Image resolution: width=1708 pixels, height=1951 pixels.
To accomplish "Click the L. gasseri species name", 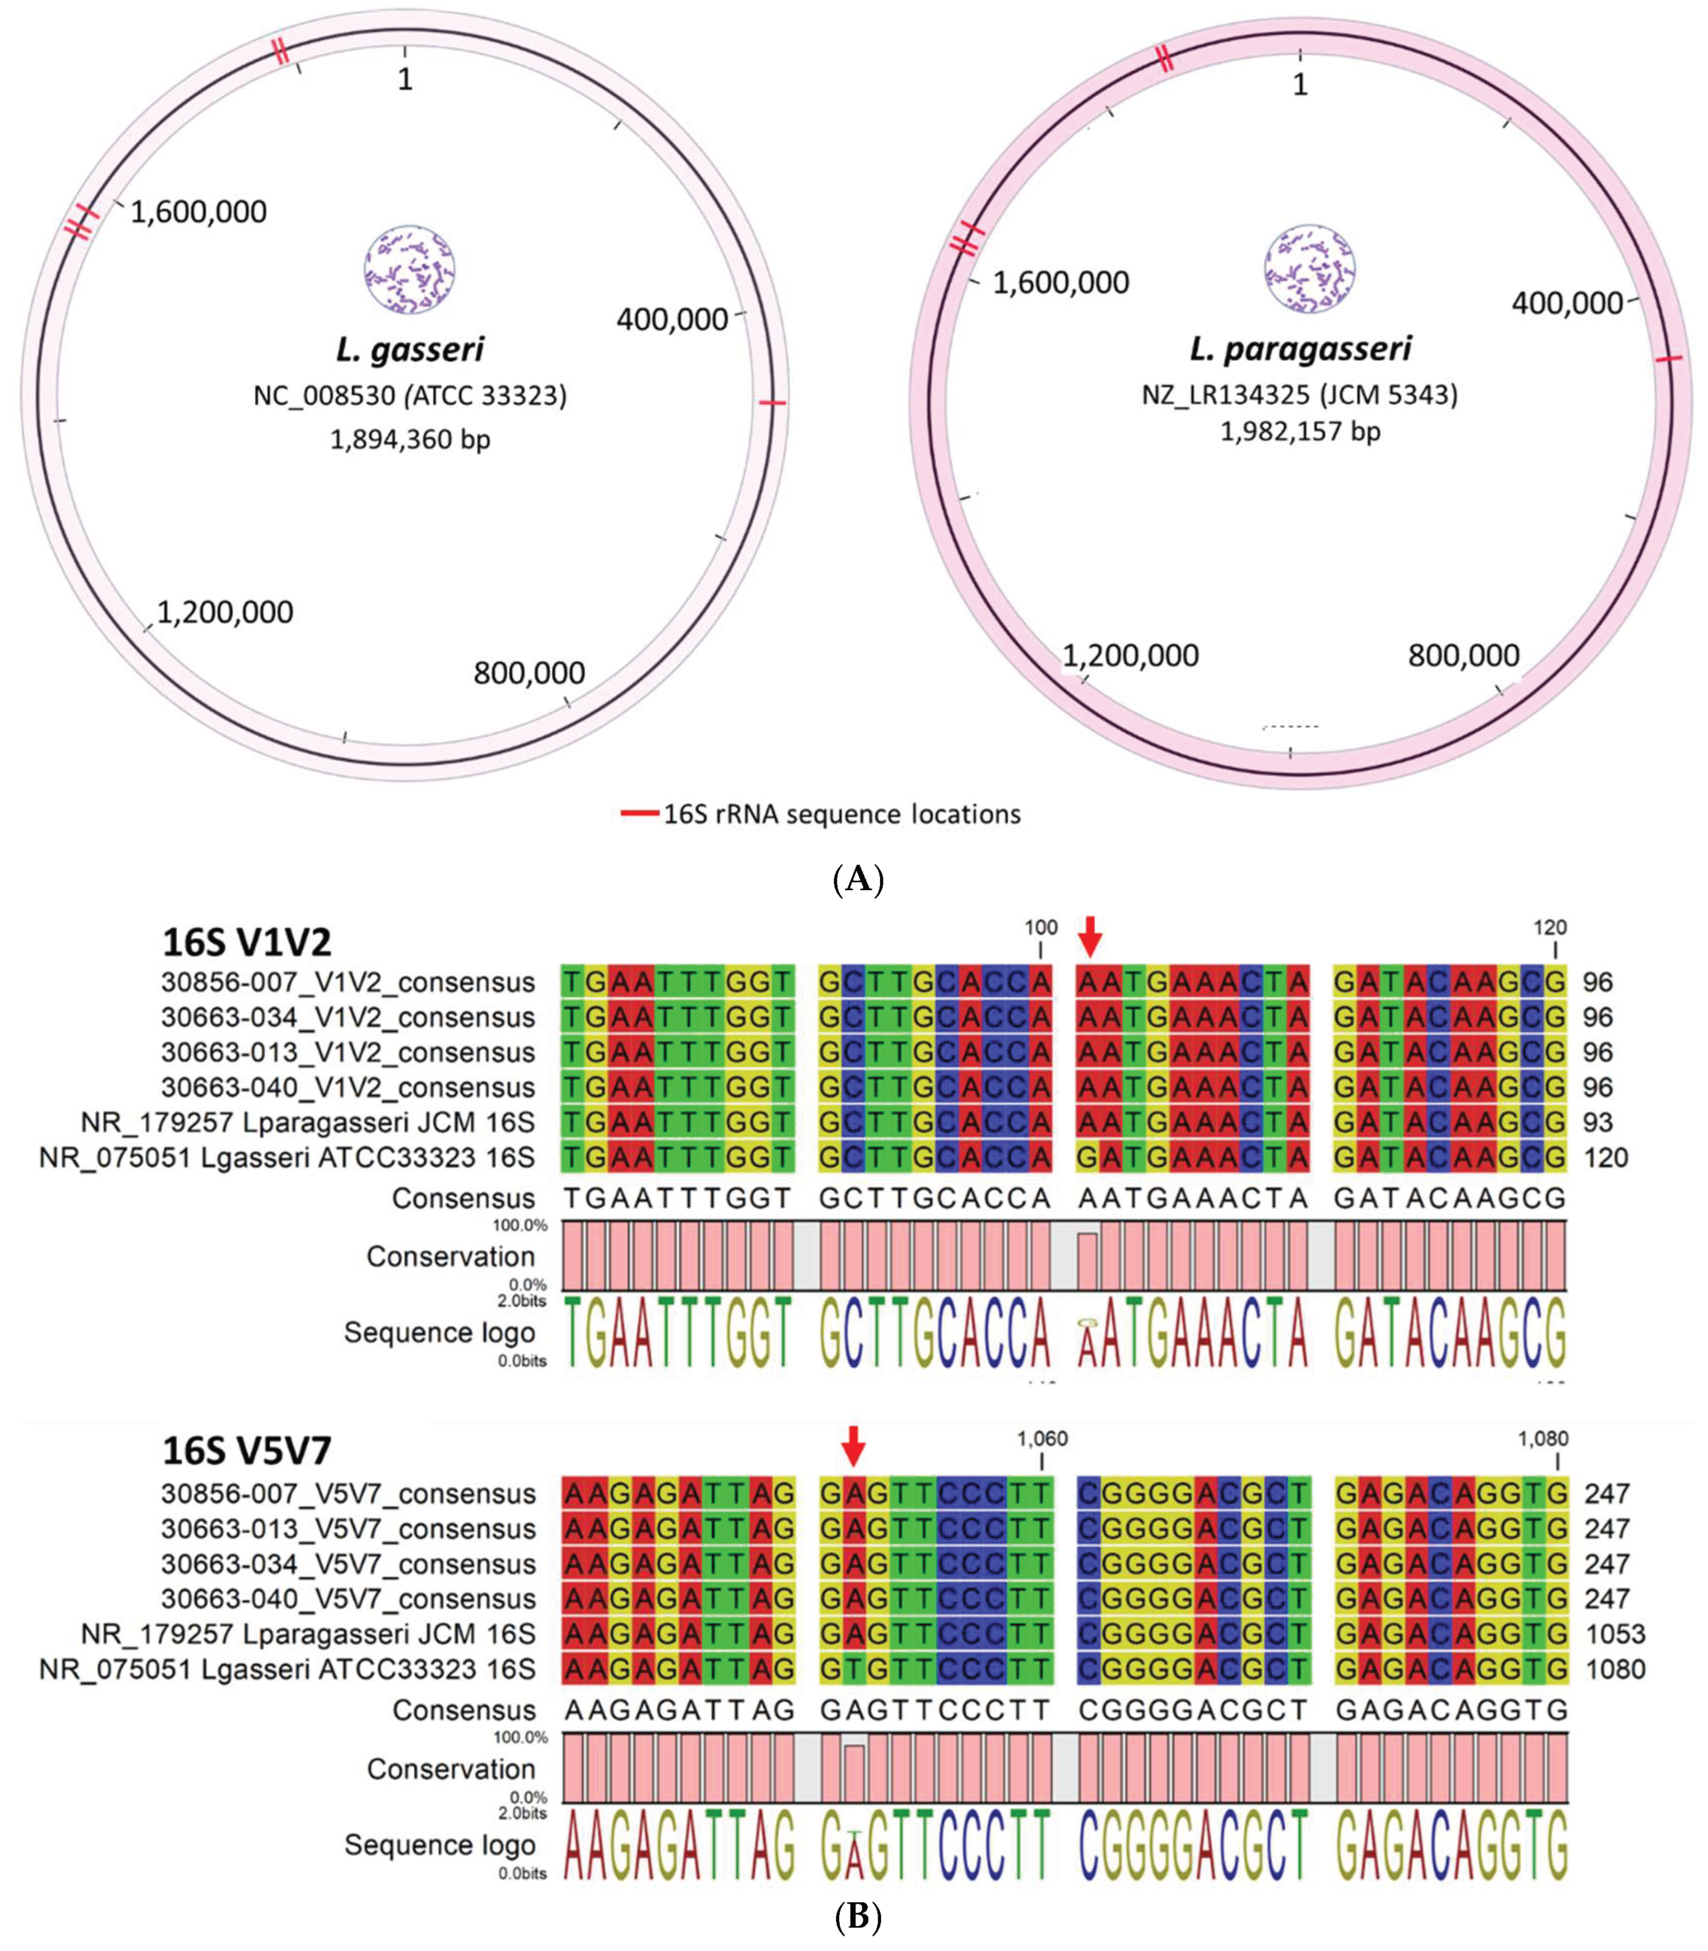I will coord(410,350).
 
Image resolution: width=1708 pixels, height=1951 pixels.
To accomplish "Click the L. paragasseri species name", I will coord(1300,349).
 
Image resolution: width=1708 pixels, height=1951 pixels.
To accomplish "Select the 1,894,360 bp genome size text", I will coord(410,440).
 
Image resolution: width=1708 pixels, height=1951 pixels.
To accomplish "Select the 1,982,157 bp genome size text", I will coord(1300,431).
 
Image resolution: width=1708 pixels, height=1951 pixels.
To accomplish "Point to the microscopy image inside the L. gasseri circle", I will coord(410,270).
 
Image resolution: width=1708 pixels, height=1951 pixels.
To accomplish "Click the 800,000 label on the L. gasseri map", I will coord(529,673).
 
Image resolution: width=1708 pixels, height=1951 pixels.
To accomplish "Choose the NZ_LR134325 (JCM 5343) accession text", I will coord(1300,394).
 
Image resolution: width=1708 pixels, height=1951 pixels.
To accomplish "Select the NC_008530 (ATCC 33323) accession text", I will coord(410,394).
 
